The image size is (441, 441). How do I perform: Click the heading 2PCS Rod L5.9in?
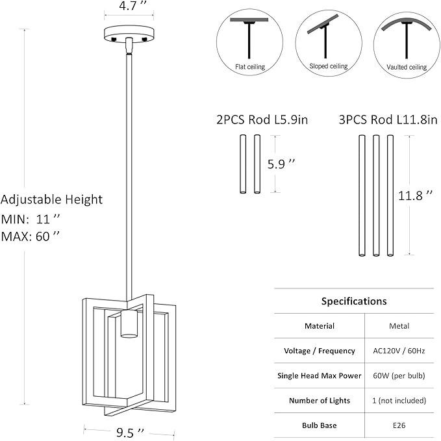[257, 120]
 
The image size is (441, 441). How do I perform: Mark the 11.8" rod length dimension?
[416, 195]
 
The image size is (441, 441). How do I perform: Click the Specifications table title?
[354, 301]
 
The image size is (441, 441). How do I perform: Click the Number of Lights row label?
[320, 400]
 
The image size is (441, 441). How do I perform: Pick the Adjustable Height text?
[52, 200]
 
